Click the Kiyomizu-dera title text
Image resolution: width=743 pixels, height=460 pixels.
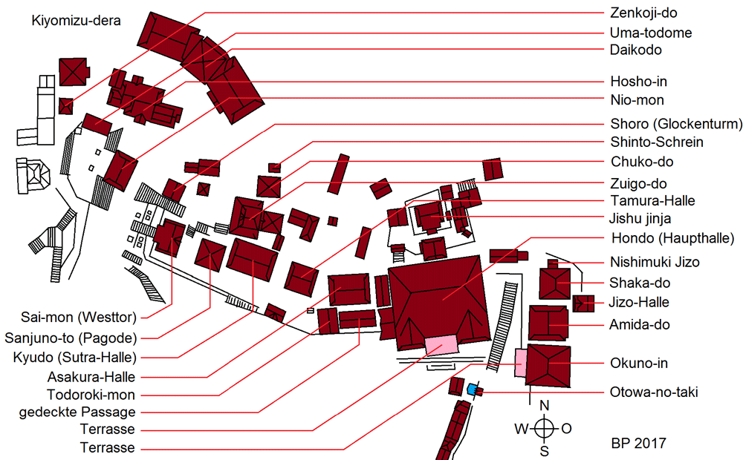(x=76, y=21)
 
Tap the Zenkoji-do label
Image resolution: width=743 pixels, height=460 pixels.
(x=643, y=13)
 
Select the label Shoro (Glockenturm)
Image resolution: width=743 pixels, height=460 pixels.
(x=676, y=124)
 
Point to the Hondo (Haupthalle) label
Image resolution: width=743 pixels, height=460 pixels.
(x=673, y=238)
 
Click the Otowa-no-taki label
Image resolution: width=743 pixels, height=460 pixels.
(x=653, y=392)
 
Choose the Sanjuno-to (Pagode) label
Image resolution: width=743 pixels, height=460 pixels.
(x=71, y=338)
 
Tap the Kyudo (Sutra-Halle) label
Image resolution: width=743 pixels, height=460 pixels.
(x=75, y=358)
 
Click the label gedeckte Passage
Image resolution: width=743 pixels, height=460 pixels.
(x=77, y=413)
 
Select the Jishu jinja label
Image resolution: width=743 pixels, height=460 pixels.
(x=640, y=219)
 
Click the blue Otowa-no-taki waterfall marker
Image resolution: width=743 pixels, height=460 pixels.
(x=472, y=390)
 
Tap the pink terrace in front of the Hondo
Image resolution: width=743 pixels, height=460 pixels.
(x=441, y=344)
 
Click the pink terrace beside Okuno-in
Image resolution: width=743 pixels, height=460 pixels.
(x=520, y=363)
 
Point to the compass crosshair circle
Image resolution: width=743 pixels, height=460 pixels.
(x=545, y=429)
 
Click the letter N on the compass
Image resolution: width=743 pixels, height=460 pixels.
(x=545, y=406)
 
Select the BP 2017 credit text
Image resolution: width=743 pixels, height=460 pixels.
(x=638, y=444)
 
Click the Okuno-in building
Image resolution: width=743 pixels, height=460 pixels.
(x=548, y=366)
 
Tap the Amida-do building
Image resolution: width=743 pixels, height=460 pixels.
(x=548, y=323)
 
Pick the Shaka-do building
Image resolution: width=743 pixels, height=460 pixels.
(x=554, y=283)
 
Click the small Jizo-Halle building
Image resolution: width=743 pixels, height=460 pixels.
(x=583, y=303)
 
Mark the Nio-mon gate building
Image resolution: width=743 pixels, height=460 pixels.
(x=120, y=171)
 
